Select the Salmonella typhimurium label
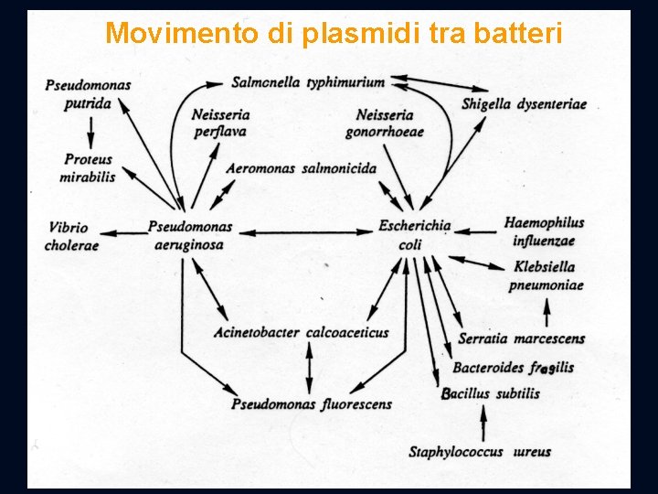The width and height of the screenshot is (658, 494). [x=308, y=82]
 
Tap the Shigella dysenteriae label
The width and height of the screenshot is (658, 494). [x=524, y=104]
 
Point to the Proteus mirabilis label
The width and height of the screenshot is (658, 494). [x=88, y=168]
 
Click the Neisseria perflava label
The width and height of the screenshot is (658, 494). [x=220, y=123]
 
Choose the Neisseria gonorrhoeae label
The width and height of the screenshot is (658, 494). [x=384, y=123]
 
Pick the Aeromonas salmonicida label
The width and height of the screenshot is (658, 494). [x=301, y=168]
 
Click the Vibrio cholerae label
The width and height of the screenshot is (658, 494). [x=71, y=236]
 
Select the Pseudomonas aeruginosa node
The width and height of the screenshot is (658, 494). [x=189, y=235]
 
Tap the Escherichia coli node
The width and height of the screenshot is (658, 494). [x=414, y=234]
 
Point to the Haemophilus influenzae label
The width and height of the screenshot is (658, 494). [x=544, y=231]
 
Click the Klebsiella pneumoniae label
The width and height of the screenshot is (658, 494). [x=546, y=275]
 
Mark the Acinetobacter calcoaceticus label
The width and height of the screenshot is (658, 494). [x=301, y=333]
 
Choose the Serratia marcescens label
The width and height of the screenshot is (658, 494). [x=521, y=338]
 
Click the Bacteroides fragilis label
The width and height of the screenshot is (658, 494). [x=513, y=368]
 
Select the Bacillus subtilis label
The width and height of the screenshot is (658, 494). [x=492, y=394]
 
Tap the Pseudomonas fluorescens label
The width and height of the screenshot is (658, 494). [x=312, y=403]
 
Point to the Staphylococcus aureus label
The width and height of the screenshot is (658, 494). [x=479, y=452]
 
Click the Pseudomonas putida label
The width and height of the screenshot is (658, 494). [x=88, y=94]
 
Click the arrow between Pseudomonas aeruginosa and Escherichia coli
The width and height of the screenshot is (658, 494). [x=302, y=232]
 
